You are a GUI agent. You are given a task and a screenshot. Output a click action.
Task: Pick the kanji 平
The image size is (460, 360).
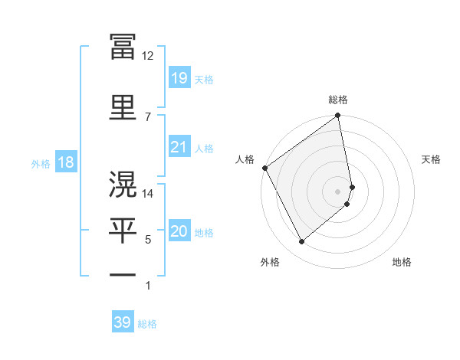point(123,231)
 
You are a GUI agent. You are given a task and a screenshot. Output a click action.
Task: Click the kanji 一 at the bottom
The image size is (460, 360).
point(123,274)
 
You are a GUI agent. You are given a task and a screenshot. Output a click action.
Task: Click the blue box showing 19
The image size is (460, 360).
point(179,78)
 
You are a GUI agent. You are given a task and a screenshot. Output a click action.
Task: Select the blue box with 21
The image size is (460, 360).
point(179,147)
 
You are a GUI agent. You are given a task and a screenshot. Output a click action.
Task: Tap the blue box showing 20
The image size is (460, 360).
point(179,231)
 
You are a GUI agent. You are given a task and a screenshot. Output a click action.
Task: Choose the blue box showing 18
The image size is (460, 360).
point(64,162)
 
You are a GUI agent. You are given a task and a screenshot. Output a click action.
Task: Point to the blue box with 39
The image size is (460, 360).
point(123,322)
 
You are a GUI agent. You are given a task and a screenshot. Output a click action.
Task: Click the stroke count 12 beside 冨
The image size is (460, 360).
point(148,55)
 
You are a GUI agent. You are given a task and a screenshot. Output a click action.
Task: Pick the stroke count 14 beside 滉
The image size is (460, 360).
point(148,194)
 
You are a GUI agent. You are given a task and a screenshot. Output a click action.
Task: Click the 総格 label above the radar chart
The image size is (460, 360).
point(338,100)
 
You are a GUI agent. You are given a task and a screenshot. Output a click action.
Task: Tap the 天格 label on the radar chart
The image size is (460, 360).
point(432,159)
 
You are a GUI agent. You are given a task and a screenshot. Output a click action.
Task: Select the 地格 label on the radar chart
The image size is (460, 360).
point(402,262)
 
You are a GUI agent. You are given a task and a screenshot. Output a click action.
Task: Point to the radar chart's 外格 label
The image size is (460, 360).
point(270,262)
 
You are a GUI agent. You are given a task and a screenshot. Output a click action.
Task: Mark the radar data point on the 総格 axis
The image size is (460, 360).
point(338,116)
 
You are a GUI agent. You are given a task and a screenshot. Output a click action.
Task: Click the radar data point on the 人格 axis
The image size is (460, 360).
point(264,168)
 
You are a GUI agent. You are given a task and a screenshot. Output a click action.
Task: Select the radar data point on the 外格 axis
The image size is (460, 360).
point(301,241)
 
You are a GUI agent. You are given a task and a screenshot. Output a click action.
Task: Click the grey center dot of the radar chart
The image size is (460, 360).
point(338,191)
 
